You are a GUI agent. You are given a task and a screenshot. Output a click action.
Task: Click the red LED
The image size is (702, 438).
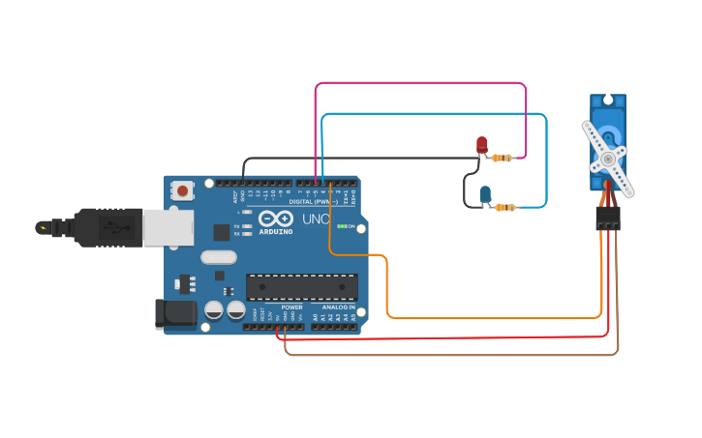[x=482, y=144]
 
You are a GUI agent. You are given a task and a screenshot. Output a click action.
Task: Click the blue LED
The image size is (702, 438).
[x=485, y=193]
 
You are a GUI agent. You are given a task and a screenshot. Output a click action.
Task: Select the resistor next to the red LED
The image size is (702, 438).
[x=502, y=158]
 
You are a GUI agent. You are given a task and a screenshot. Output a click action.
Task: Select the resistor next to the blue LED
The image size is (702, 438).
[x=504, y=207]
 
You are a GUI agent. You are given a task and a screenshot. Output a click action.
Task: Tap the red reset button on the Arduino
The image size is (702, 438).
[x=183, y=191]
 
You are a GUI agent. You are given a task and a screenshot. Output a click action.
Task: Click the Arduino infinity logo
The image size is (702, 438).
[x=276, y=219]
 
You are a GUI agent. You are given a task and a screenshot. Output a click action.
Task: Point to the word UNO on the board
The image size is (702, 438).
[x=316, y=219]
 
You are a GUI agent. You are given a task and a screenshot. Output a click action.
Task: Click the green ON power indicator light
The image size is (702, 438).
[x=340, y=226]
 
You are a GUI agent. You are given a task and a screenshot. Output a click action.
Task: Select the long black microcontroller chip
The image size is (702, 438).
[x=301, y=287]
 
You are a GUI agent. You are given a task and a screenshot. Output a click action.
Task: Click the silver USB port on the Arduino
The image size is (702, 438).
[x=168, y=227]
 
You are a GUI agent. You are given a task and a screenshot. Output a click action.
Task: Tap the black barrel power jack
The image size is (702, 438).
[x=175, y=312]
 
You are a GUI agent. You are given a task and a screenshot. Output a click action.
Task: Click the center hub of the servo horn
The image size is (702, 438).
[x=607, y=159]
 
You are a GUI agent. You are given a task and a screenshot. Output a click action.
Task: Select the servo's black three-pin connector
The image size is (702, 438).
[x=607, y=219]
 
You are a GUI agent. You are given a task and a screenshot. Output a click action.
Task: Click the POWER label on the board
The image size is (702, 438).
[x=291, y=307]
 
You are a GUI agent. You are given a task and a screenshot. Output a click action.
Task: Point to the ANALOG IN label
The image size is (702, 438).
[x=338, y=307]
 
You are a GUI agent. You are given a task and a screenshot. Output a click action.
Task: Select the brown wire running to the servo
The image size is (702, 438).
[x=445, y=355]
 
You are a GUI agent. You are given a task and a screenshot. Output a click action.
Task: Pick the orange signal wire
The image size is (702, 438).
[x=484, y=317]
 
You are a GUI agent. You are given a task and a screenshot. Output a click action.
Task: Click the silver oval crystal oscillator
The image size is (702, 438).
[x=219, y=257]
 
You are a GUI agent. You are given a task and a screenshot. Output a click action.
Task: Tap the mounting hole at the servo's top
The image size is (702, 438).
[x=607, y=100]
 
